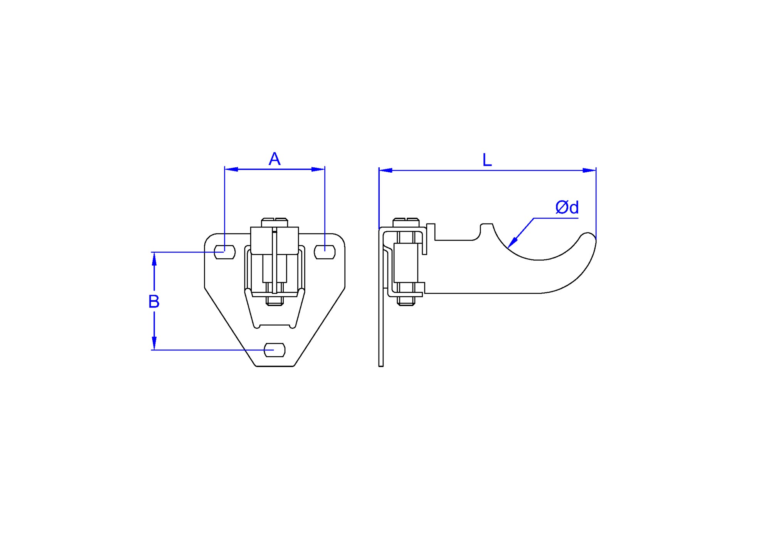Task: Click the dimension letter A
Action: [x=274, y=159]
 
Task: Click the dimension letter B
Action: [x=154, y=301]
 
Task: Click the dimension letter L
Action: [x=487, y=160]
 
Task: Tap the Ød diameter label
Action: [x=567, y=207]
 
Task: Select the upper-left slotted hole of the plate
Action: [x=225, y=252]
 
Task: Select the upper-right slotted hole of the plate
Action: [x=325, y=252]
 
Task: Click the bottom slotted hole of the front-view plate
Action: [x=274, y=350]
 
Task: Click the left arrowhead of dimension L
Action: [x=385, y=170]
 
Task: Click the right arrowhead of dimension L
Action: [x=590, y=170]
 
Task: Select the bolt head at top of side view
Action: [x=406, y=222]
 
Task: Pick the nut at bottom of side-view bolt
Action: [x=406, y=301]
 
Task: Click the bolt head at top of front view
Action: [x=274, y=222]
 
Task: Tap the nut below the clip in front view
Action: [x=274, y=301]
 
